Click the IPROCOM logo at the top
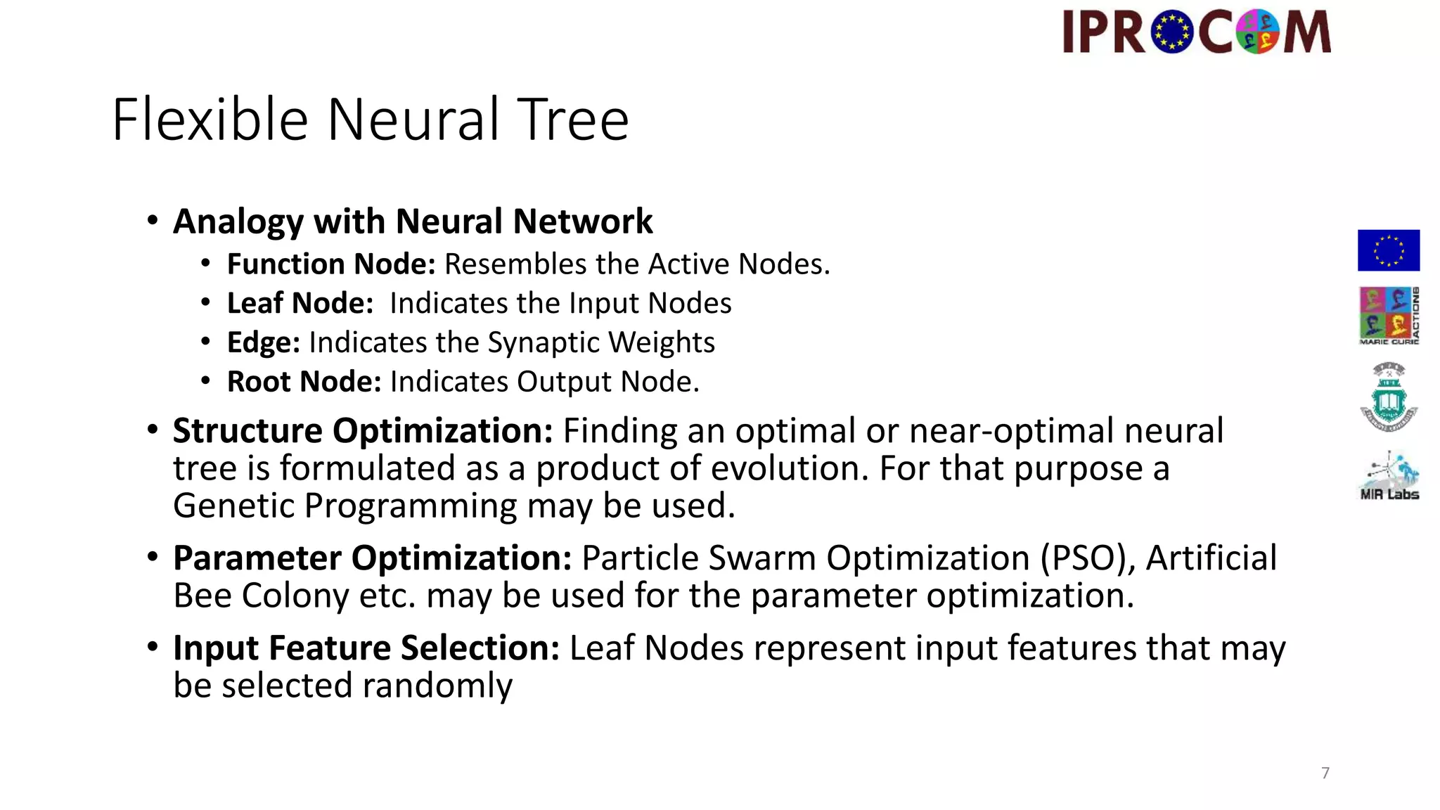point(1197,32)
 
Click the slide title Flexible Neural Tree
point(370,120)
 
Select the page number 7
point(1325,773)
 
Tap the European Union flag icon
point(1388,250)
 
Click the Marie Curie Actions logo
point(1389,315)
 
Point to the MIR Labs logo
point(1389,476)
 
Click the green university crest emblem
point(1389,397)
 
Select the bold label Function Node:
point(331,264)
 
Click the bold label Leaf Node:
point(300,304)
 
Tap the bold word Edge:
point(264,343)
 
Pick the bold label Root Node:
point(304,382)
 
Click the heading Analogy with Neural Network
point(413,221)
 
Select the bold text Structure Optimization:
point(363,430)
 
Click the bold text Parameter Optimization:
point(373,558)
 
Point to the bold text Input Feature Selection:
point(366,648)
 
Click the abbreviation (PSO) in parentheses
point(1088,558)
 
